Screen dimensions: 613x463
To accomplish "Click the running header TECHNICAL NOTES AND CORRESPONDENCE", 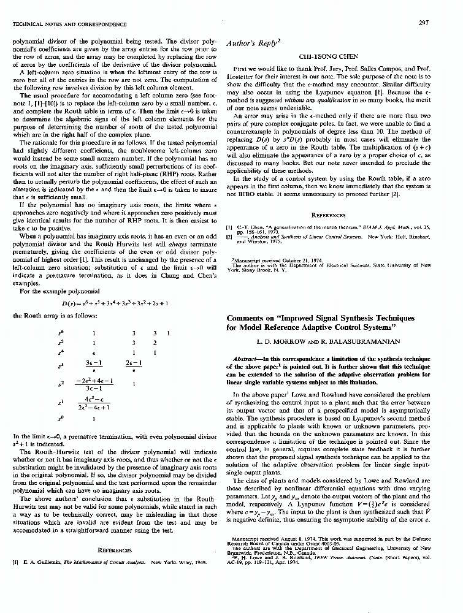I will (70, 25).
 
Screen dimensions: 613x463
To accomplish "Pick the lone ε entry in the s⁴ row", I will (93, 353).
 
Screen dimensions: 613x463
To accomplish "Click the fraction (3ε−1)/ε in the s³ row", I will (93, 367).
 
